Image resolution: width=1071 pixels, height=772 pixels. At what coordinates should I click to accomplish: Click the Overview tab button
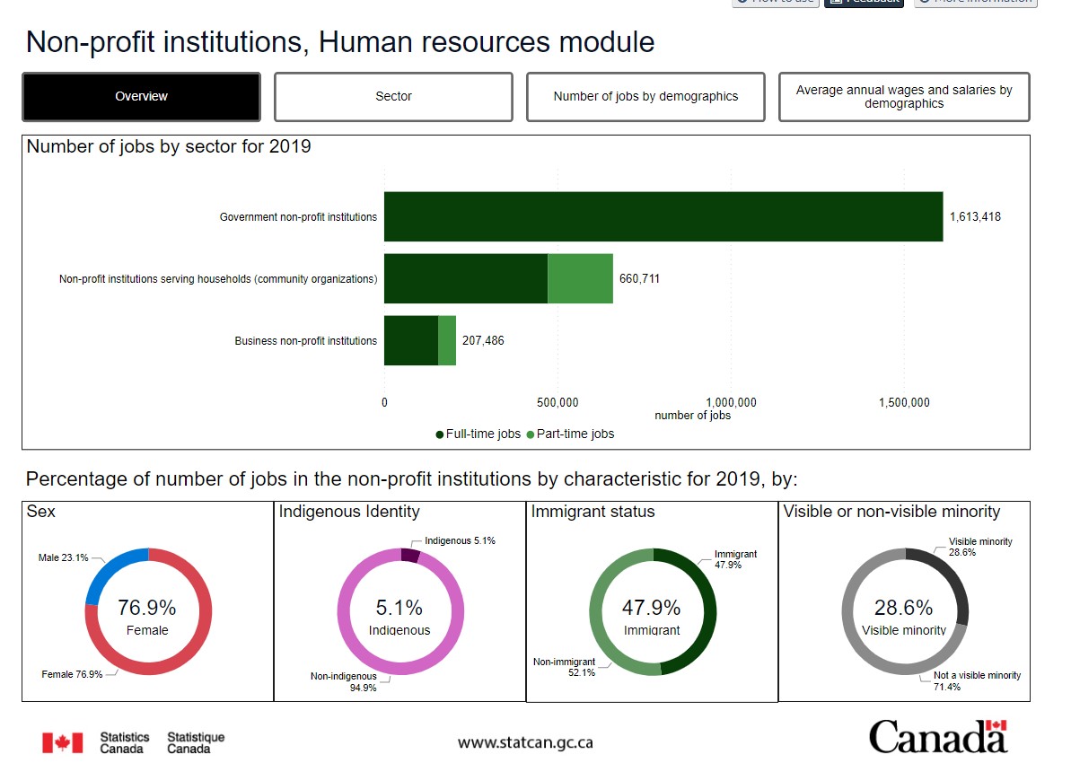coord(141,97)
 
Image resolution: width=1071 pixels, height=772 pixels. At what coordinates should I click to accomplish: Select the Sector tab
coord(393,97)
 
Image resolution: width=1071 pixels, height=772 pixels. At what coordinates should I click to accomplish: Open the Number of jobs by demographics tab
coord(645,97)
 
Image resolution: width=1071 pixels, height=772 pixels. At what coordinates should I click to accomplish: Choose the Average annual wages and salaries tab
coord(903,97)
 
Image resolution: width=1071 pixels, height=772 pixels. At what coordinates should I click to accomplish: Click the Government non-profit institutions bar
coord(663,216)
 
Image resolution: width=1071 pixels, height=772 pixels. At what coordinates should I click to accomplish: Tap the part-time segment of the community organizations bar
coord(580,278)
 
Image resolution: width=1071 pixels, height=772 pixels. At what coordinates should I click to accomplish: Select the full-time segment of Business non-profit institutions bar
coord(410,340)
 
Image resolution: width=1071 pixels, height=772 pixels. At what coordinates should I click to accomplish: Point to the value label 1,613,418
coord(974,217)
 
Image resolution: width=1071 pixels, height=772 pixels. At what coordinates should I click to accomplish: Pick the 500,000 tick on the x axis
coord(557,402)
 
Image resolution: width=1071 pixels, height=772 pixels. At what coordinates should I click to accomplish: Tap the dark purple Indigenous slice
coord(410,556)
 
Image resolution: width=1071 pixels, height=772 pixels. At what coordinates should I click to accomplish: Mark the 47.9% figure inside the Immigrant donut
coord(651,608)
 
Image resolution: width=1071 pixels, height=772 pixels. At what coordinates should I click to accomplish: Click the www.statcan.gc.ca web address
coord(525,742)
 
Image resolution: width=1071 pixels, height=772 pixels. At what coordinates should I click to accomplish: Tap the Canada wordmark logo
coord(937,737)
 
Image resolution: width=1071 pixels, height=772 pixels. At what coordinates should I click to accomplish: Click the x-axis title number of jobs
coord(692,416)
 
